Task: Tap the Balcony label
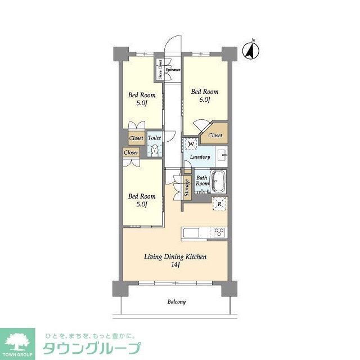(176, 302)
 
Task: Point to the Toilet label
(155, 137)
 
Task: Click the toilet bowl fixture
(155, 149)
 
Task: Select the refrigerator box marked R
(219, 204)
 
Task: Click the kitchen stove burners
(219, 232)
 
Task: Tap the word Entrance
(173, 70)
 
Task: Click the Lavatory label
(200, 157)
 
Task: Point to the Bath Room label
(202, 181)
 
